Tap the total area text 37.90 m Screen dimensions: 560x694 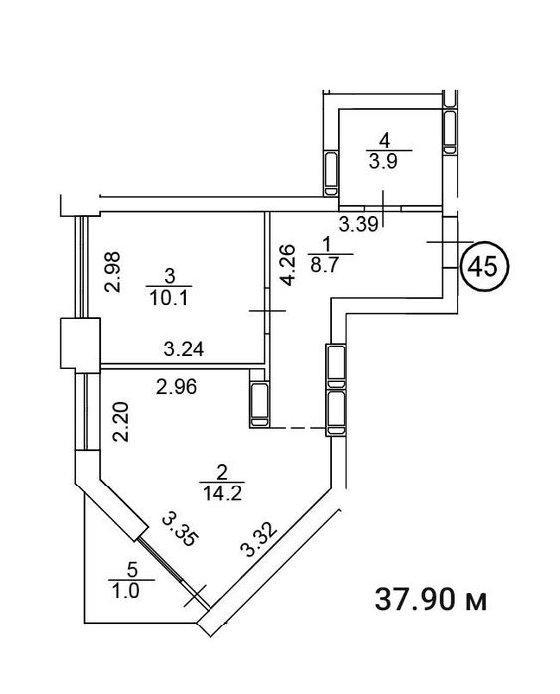[x=431, y=600]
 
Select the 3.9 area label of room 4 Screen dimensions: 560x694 [x=384, y=162]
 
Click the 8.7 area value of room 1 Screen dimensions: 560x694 [x=324, y=265]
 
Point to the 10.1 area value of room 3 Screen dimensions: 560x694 [x=169, y=298]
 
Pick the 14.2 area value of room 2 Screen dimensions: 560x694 [x=221, y=492]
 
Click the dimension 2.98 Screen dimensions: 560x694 [x=112, y=272]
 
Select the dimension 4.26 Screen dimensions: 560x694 [x=287, y=265]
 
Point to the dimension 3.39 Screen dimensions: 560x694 [x=358, y=225]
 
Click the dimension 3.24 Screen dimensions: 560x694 [x=184, y=349]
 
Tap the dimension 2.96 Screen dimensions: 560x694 [x=176, y=388]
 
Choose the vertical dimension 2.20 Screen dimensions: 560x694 [x=121, y=421]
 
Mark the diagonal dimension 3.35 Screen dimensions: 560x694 [x=178, y=530]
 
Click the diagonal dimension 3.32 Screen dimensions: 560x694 [x=260, y=540]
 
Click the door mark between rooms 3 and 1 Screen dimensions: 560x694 [x=267, y=311]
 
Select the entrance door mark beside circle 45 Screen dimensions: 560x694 [x=450, y=242]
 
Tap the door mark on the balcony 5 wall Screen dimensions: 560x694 [x=195, y=596]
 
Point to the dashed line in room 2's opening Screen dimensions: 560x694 [x=298, y=428]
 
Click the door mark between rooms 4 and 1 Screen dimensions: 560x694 [x=383, y=208]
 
